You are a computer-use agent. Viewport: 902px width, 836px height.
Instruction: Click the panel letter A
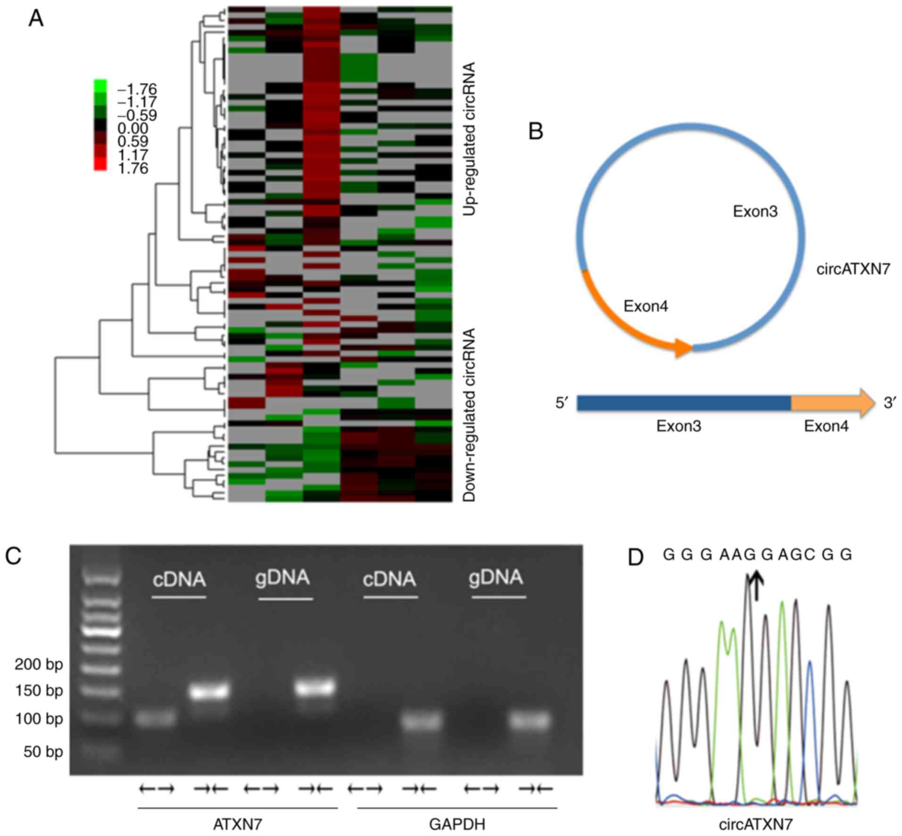coord(36,19)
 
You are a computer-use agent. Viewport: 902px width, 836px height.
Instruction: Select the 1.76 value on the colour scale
coord(133,168)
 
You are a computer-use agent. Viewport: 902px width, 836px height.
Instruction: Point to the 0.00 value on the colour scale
coord(133,128)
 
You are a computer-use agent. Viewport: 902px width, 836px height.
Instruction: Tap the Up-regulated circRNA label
coord(469,139)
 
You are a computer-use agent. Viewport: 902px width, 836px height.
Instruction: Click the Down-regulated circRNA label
coord(469,415)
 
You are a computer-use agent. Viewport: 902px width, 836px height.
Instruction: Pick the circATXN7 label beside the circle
coord(853,269)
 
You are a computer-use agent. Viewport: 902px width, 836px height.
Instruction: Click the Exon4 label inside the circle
coord(645,306)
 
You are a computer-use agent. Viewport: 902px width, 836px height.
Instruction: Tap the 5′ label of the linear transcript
coord(562,403)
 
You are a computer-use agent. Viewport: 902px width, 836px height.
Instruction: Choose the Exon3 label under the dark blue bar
coord(679,426)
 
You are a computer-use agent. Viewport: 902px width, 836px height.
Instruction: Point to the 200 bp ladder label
coord(39,664)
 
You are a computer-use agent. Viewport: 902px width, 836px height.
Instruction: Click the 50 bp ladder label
coord(43,752)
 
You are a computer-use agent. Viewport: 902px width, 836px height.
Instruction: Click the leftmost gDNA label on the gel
coord(282,578)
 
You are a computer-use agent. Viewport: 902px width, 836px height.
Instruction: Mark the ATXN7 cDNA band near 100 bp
coord(156,719)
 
